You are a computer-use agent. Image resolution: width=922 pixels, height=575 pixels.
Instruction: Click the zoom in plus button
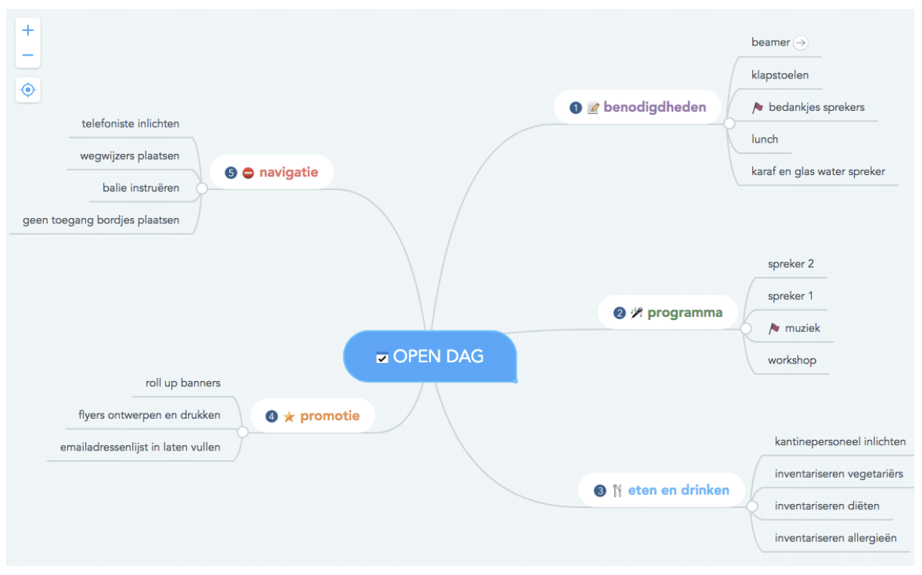tap(28, 30)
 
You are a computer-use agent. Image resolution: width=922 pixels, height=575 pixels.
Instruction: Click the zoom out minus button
tap(28, 55)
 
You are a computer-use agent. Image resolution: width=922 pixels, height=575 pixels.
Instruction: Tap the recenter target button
tap(28, 90)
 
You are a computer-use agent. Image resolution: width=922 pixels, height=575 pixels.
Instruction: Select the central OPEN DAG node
tap(430, 356)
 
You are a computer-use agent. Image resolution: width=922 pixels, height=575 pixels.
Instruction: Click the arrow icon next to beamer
tap(801, 42)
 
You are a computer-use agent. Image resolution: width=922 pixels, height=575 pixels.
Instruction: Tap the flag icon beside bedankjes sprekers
tap(758, 107)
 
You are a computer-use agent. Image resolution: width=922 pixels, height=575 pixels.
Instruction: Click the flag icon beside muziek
tap(774, 328)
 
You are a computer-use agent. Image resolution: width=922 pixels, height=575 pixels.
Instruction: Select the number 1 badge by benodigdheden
tap(576, 108)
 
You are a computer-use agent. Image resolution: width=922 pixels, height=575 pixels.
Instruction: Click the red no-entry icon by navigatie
tap(248, 173)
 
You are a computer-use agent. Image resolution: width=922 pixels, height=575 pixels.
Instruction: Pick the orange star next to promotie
tap(289, 417)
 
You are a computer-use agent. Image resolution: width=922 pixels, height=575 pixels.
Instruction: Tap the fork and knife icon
tap(617, 490)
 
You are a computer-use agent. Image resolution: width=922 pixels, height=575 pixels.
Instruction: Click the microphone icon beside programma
tap(636, 313)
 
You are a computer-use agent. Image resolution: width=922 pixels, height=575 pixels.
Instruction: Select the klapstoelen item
tap(780, 75)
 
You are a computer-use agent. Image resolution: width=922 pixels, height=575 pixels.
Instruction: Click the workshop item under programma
tap(792, 360)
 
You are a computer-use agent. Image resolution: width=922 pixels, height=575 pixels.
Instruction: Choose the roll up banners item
tap(183, 383)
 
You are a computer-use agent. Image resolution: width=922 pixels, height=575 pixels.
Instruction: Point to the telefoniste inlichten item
tap(131, 124)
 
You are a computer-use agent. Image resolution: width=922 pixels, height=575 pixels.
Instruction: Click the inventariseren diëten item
tap(827, 506)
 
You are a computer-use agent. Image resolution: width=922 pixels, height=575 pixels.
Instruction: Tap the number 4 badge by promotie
tap(272, 417)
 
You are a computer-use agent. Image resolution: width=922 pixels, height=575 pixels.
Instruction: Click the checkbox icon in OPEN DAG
tap(382, 357)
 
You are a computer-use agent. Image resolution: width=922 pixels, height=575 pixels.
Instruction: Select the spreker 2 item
tap(791, 264)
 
